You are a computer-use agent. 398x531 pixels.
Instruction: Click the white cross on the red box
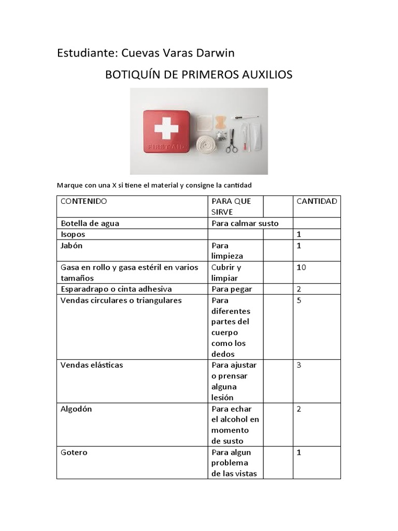pos(166,127)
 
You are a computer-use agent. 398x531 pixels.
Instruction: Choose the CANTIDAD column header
pos(316,201)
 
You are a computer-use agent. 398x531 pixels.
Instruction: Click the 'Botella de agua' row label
pos(90,223)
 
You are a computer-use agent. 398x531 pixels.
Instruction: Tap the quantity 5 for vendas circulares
pos(298,300)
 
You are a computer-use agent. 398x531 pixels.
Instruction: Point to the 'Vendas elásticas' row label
pos(92,365)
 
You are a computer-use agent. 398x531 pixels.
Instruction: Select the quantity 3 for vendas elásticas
pos(298,365)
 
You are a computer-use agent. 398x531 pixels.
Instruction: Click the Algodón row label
pos(76,409)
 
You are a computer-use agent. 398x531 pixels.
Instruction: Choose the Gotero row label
pos(74,452)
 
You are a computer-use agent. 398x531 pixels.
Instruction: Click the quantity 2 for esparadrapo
pos(298,289)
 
